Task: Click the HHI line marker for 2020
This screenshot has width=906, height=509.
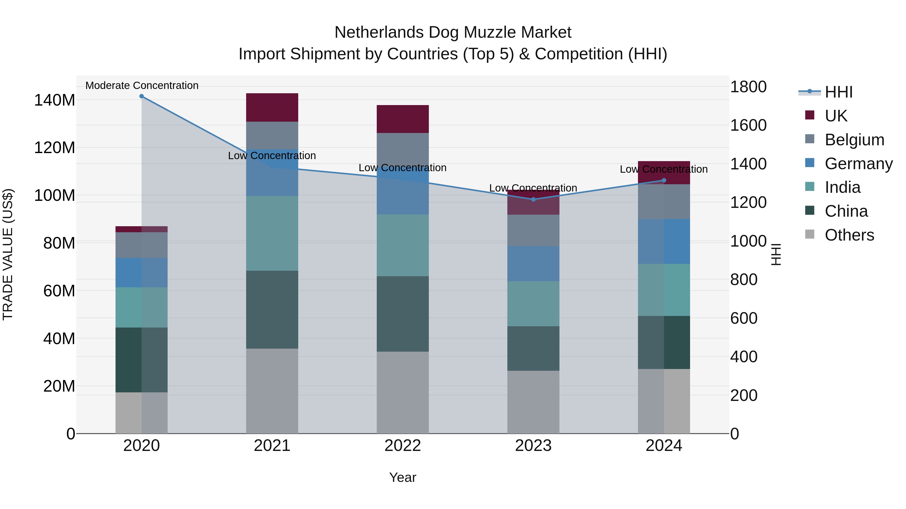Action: coord(141,96)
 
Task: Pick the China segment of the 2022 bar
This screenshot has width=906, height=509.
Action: coord(403,314)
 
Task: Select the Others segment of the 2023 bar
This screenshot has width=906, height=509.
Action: coord(533,402)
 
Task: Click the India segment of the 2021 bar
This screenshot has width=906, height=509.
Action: coord(272,233)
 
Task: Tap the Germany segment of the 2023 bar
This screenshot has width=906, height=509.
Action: coord(533,263)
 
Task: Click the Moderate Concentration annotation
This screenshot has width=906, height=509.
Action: coord(142,86)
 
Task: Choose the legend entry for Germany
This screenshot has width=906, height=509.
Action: coord(858,164)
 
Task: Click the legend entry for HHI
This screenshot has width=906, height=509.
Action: coord(839,92)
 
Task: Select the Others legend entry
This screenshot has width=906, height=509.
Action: coord(849,235)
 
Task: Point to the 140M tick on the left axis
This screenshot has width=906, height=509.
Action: coord(55,100)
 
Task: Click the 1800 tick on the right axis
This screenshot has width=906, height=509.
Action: coord(748,87)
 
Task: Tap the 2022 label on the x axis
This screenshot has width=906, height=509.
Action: coord(403,446)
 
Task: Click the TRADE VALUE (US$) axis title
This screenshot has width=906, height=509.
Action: coord(8,254)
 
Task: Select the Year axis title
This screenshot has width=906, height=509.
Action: coord(403,477)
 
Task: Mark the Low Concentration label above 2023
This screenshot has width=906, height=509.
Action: coord(533,188)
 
